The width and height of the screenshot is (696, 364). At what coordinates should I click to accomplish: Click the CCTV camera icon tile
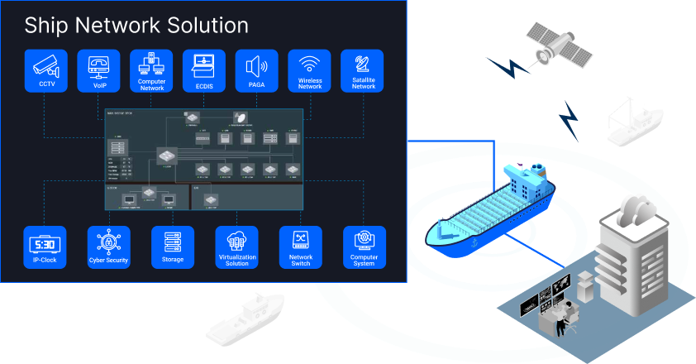tap(47, 71)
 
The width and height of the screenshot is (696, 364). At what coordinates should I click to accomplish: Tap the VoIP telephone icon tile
tap(100, 71)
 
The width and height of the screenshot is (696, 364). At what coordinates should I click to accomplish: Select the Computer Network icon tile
tap(152, 71)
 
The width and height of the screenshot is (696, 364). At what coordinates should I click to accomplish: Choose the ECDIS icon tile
tap(205, 71)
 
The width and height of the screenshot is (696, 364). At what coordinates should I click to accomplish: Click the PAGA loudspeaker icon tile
tap(258, 71)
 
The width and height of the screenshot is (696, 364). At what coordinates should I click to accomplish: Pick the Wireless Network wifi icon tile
tap(310, 71)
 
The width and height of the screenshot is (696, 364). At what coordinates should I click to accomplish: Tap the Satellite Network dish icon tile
tap(363, 71)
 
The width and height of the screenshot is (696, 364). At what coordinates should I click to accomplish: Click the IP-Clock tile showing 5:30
tap(45, 247)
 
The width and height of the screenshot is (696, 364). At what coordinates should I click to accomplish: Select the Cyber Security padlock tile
tap(108, 247)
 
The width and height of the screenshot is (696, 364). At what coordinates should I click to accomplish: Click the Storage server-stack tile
tap(173, 247)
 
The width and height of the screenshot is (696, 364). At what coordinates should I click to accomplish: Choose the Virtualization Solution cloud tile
tap(236, 247)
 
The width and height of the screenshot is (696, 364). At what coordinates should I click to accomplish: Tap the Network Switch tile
tap(301, 247)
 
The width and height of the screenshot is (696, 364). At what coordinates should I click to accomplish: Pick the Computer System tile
tap(365, 247)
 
